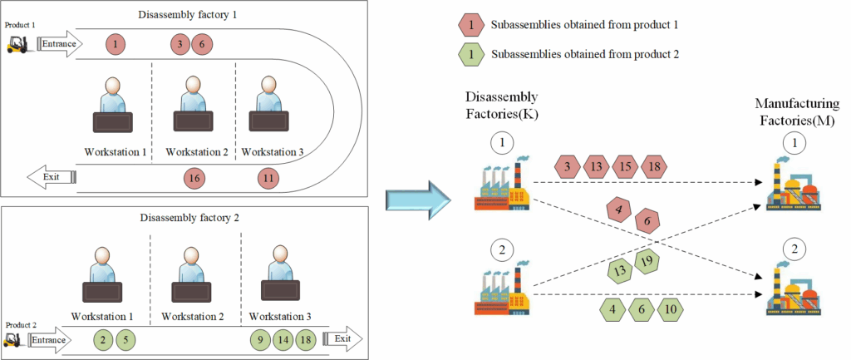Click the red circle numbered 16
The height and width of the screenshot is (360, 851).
pos(193,177)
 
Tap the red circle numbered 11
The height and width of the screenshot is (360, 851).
pos(268,177)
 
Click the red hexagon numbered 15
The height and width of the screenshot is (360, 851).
pos(625,167)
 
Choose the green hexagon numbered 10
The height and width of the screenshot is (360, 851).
pos(670,311)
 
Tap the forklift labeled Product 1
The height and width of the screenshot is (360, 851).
pos(17,44)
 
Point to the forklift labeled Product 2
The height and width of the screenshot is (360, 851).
pos(12,340)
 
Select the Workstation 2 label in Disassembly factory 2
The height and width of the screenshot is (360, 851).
pos(193,317)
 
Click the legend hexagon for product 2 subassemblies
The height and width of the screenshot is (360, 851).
pos(471,57)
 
